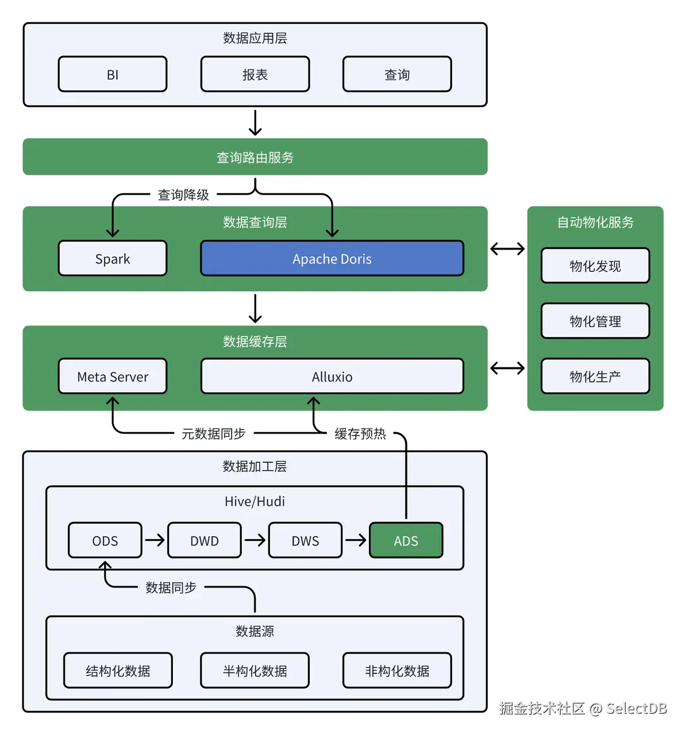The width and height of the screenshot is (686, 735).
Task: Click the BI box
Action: [x=113, y=74]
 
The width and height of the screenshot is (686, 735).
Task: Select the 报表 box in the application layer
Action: [x=255, y=74]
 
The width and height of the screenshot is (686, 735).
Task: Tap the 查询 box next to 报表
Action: [x=397, y=74]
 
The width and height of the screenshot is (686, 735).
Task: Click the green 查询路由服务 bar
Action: [x=255, y=157]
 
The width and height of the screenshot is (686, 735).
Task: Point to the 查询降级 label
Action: [x=183, y=195]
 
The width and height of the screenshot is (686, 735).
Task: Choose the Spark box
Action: [x=113, y=258]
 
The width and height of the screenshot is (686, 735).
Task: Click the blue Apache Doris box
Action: [x=332, y=258]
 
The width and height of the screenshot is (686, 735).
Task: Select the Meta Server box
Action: [x=113, y=377]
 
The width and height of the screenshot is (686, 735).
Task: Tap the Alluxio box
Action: [x=332, y=377]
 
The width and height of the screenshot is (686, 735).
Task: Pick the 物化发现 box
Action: [x=595, y=266]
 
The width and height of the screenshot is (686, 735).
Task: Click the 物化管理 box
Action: [x=595, y=321]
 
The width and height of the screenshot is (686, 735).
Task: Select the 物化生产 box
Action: [x=595, y=376]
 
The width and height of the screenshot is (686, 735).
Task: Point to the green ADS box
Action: [x=406, y=540]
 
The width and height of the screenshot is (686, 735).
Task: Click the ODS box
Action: [x=105, y=540]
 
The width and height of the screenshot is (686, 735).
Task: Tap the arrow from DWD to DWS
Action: [x=255, y=540]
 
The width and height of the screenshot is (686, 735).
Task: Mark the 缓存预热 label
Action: [x=360, y=434]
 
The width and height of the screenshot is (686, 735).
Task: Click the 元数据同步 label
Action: [x=213, y=434]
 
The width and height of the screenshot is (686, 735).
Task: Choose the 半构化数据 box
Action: [x=255, y=670]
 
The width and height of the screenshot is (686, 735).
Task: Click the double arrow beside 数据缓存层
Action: [x=507, y=368]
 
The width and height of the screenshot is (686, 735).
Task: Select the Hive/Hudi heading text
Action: [x=255, y=501]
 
